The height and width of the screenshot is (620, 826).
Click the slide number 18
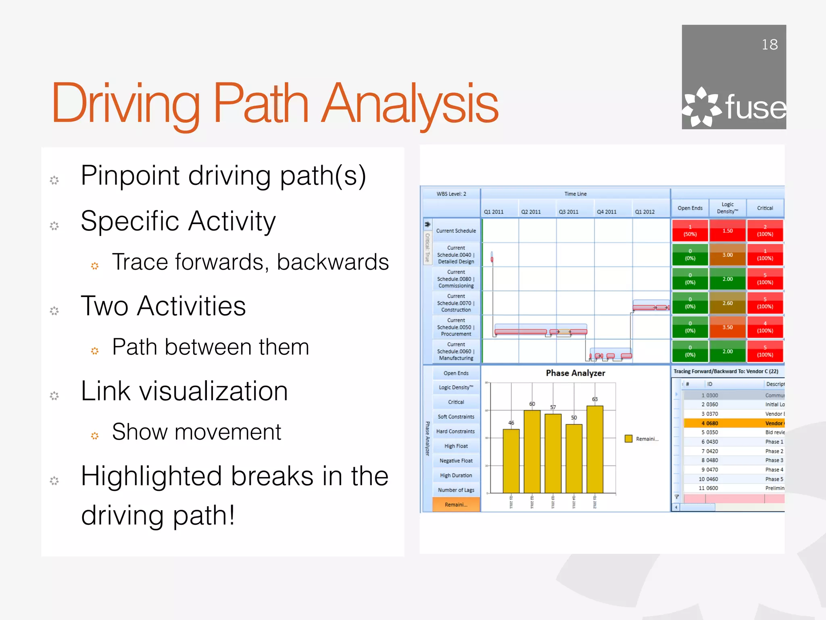point(769,44)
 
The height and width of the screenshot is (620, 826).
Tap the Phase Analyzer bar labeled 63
point(594,449)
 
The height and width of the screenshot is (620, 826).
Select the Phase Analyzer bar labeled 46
point(511,461)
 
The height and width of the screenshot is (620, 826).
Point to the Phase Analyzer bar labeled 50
point(574,458)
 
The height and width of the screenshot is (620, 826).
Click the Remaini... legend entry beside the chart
point(642,439)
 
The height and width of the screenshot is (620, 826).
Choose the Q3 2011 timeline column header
point(569,212)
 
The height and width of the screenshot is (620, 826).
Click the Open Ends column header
point(690,208)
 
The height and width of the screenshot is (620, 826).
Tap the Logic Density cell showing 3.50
point(728,327)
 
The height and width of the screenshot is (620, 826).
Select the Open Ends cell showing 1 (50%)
point(690,230)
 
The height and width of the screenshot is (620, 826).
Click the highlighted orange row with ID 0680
point(733,423)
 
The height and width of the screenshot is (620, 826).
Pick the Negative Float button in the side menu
point(456,461)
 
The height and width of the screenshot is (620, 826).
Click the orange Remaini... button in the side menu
point(456,505)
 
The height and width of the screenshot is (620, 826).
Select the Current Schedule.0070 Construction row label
point(456,303)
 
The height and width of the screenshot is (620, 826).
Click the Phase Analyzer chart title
point(575,373)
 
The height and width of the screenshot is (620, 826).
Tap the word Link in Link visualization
point(106,391)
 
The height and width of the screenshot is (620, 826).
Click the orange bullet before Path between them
point(95,351)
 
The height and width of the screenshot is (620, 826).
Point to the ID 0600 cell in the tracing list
point(712,488)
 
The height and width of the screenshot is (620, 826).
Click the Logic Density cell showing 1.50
point(728,230)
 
